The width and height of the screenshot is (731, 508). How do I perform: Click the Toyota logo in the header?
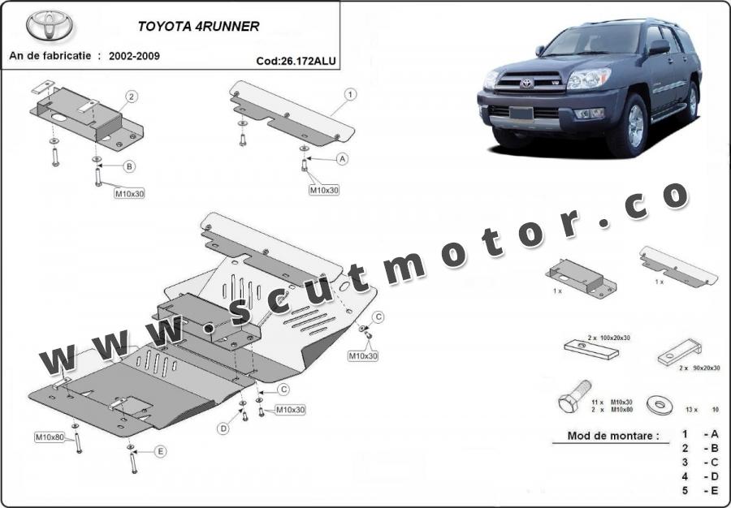(x=50, y=26)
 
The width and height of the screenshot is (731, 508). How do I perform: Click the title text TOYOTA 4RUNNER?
(x=198, y=27)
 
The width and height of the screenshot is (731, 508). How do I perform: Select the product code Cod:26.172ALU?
(x=296, y=61)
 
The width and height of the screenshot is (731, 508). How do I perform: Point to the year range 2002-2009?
(x=134, y=56)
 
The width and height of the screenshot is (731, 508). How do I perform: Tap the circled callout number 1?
(x=350, y=94)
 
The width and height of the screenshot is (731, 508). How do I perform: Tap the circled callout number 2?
(x=132, y=97)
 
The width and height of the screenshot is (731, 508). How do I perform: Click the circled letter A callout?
(x=343, y=159)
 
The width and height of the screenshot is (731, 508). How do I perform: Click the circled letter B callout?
(x=129, y=166)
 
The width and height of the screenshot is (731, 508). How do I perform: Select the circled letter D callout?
(x=224, y=428)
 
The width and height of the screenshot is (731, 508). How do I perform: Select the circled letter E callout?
(x=160, y=451)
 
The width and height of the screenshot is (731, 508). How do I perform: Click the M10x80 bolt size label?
(x=50, y=437)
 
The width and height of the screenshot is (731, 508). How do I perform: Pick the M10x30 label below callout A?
(x=324, y=190)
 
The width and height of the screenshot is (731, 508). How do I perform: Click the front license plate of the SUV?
(x=521, y=113)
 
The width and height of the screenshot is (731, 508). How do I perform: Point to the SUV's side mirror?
(x=660, y=47)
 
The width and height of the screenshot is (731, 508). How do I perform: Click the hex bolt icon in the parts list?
(x=574, y=396)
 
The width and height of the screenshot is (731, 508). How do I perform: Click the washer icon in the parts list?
(x=660, y=405)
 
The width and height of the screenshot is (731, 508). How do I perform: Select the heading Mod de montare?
(x=613, y=437)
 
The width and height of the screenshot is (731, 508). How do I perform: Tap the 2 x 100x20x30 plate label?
(x=608, y=338)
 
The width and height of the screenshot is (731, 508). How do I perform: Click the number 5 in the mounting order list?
(x=685, y=490)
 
